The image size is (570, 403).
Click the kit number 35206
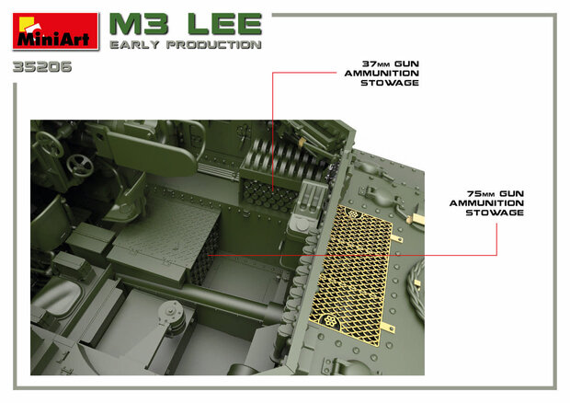click(x=42, y=67)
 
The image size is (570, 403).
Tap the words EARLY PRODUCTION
click(x=185, y=45)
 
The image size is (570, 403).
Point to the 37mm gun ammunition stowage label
click(x=380, y=75)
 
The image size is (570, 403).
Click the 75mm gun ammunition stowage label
click(x=486, y=205)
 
